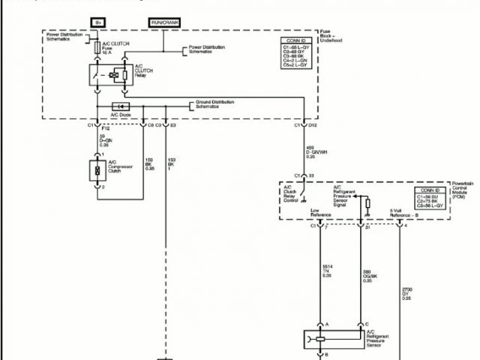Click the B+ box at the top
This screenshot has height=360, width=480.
(97, 23)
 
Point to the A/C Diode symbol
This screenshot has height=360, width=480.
(119, 106)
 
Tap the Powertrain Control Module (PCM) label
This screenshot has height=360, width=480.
(462, 192)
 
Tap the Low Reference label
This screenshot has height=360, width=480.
(321, 214)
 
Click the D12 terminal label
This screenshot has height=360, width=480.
(313, 124)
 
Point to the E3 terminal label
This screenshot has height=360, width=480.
(172, 124)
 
